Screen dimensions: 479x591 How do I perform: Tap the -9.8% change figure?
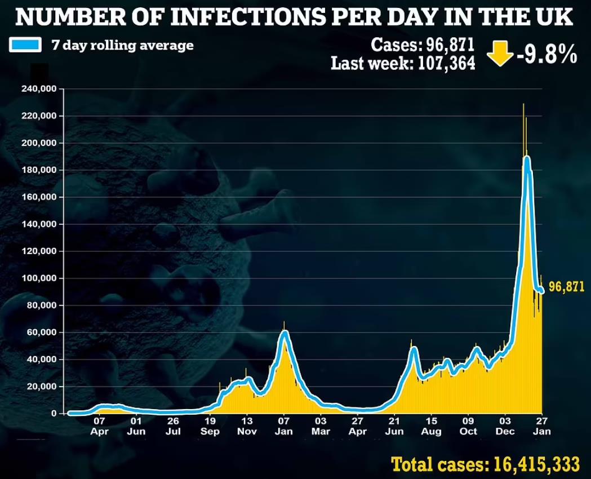click(545, 54)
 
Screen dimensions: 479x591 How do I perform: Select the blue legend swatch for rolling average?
click(25, 46)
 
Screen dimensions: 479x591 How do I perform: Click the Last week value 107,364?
click(446, 63)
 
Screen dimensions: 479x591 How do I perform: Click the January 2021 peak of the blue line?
click(285, 333)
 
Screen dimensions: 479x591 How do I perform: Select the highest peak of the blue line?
click(527, 158)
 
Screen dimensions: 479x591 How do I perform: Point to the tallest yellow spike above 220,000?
click(523, 105)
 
